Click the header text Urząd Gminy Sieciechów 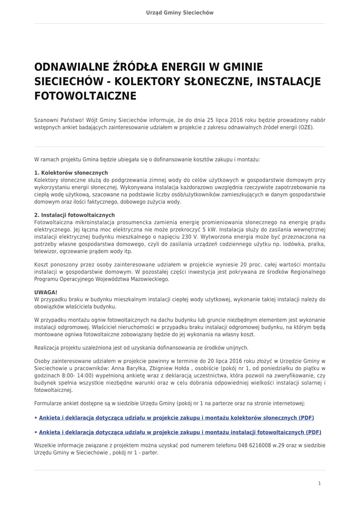pyautogui.click(x=180, y=13)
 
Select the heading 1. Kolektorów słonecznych pyautogui.click(x=71, y=173)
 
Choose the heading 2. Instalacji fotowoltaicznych pyautogui.click(x=74, y=215)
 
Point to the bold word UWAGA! pyautogui.click(x=46, y=292)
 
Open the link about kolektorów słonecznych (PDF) pyautogui.click(x=176, y=418)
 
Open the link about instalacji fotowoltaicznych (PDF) pyautogui.click(x=180, y=432)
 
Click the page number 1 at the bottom pyautogui.click(x=319, y=483)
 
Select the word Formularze pyautogui.click(x=49, y=403)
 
